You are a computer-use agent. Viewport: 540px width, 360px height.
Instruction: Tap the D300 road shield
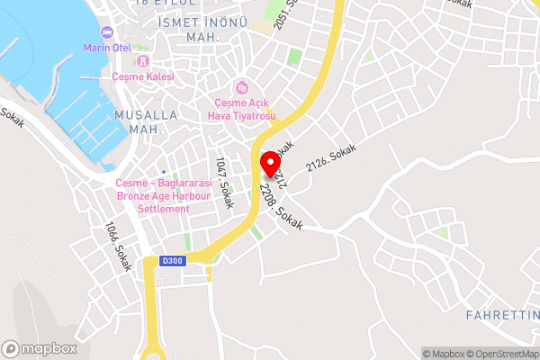click(x=171, y=261)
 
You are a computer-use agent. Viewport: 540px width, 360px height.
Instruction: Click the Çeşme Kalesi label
click(x=142, y=77)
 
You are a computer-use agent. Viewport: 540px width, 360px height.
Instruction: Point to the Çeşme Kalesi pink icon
click(x=141, y=62)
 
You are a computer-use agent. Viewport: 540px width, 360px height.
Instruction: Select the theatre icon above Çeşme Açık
click(x=240, y=87)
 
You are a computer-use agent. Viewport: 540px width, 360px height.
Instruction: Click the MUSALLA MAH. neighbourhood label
click(x=138, y=122)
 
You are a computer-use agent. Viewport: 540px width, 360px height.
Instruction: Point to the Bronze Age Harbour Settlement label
click(x=154, y=195)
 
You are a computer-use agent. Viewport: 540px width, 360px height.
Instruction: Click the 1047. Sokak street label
click(x=224, y=183)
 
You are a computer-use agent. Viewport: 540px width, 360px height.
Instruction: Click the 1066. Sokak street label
click(x=119, y=247)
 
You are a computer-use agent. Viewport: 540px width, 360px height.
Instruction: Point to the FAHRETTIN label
click(x=502, y=315)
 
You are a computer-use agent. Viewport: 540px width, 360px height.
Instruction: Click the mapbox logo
click(x=39, y=348)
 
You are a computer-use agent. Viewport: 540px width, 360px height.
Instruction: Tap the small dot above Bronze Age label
click(x=163, y=171)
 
